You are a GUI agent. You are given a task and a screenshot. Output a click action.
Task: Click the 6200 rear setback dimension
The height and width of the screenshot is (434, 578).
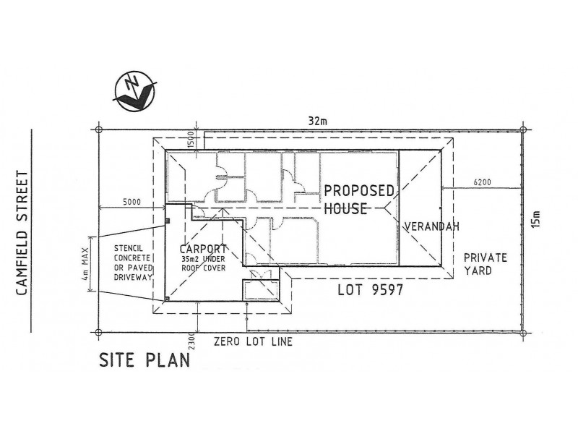[x=482, y=182]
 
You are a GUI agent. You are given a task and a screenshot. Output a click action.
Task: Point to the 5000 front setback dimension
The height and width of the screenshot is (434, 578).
[x=131, y=202]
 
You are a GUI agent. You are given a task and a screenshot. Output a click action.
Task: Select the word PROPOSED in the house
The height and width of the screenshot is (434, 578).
[x=358, y=192]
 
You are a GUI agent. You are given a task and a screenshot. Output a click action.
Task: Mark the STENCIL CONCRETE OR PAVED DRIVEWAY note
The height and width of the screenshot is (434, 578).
[x=132, y=263]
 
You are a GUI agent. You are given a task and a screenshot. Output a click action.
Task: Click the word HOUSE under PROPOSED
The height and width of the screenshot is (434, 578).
[x=346, y=209]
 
